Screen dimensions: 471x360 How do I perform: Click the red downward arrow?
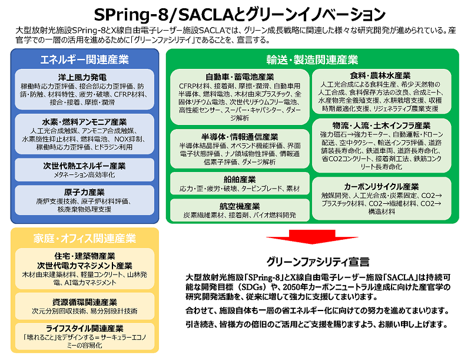(x=312, y=237)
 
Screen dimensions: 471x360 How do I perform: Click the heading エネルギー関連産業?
(x=85, y=60)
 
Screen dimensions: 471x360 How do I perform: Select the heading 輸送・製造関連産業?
(x=313, y=60)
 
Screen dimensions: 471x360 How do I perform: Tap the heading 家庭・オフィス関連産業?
(x=85, y=238)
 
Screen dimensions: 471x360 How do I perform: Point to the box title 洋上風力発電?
(x=82, y=77)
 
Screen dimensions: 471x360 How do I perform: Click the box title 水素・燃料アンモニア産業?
(x=84, y=122)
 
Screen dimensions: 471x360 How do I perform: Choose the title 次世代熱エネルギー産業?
(x=84, y=166)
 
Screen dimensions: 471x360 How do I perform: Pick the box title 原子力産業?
(x=84, y=192)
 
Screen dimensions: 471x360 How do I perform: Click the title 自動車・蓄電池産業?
(x=240, y=77)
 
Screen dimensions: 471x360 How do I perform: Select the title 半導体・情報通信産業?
(x=240, y=137)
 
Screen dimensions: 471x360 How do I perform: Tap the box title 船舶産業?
(x=240, y=180)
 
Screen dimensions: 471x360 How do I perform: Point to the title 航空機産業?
(x=240, y=206)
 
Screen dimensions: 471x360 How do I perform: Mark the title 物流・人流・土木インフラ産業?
(x=382, y=125)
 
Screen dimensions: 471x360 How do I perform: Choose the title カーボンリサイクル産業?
(x=382, y=187)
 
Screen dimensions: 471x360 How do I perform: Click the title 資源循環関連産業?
(x=84, y=302)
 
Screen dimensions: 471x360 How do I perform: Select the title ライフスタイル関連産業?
(x=84, y=328)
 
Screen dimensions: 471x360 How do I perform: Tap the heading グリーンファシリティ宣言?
(x=318, y=262)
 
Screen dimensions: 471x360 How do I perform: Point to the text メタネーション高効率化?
(x=84, y=174)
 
